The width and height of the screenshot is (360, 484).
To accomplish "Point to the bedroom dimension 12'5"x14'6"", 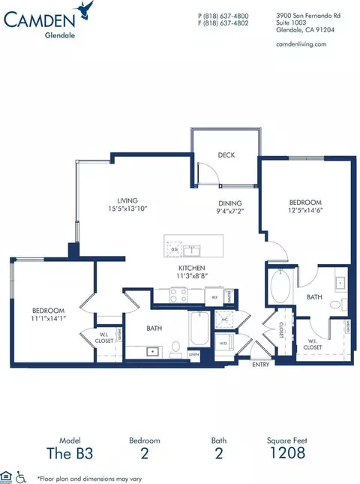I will pos(305,211).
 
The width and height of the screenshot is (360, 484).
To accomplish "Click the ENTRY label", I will pos(260,365).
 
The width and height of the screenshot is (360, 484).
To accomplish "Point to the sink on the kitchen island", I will pos(193,248).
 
